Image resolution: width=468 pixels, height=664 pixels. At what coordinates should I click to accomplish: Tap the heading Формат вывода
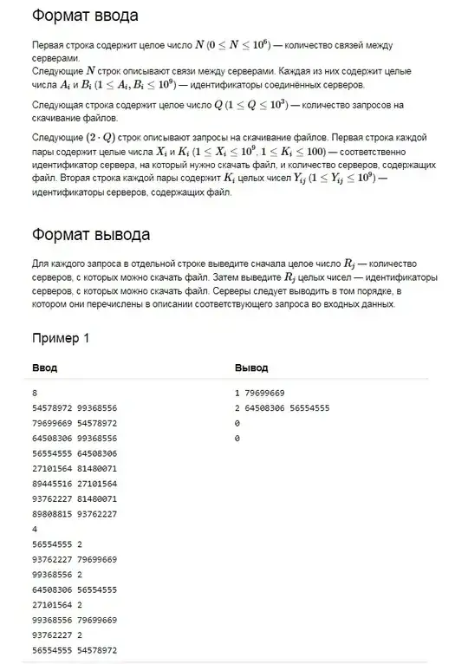click(89, 235)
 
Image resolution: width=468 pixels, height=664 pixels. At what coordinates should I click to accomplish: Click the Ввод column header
click(44, 368)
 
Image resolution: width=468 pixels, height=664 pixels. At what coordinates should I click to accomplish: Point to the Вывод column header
click(251, 368)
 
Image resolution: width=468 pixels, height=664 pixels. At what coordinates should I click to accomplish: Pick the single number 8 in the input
click(34, 393)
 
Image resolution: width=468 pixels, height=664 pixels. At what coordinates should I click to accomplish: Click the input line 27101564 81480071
click(74, 468)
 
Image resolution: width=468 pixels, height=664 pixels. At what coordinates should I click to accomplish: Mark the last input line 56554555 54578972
click(74, 649)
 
